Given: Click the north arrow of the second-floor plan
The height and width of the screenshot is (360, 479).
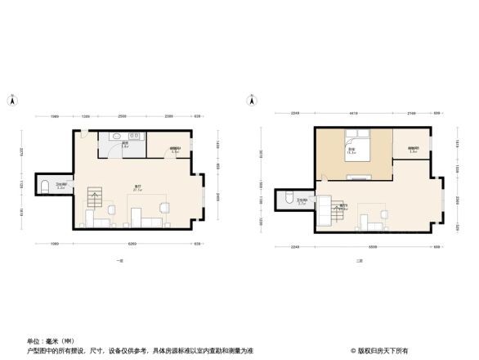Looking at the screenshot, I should pos(249,101).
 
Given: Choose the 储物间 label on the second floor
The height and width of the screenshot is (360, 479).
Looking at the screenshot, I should pos(413,149).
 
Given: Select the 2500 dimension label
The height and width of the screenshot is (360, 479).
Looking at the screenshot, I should pos(121,116).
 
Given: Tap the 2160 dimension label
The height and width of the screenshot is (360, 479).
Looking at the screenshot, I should pos(412,113).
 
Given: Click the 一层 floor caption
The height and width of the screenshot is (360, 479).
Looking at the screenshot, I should pos(119,260).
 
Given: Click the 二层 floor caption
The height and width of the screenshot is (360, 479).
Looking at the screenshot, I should pos(359,261).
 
